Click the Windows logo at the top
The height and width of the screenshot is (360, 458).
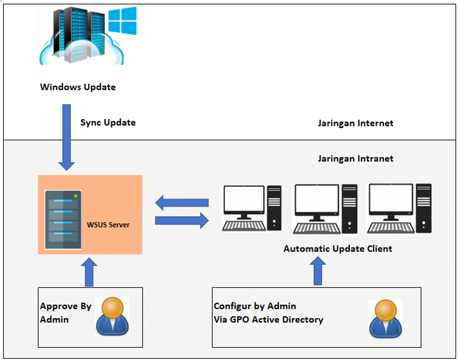123,21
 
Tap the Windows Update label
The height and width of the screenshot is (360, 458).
78,87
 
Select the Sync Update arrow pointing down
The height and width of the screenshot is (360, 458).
67,137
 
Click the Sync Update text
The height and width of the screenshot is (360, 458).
108,123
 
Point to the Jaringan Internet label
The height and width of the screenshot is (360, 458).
355,123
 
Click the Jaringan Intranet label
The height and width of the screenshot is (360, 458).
355,158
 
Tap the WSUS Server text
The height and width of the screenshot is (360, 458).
108,225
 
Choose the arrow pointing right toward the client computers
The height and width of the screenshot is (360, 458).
182,220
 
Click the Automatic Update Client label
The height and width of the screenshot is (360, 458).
338,248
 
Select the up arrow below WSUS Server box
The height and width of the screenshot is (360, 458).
89,272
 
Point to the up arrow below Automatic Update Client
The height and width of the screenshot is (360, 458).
317,271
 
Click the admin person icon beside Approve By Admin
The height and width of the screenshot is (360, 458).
112,316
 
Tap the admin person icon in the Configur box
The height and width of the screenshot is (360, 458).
385,318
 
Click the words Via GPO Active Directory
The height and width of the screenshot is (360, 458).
268,319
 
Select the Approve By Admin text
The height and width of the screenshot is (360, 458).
66,313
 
